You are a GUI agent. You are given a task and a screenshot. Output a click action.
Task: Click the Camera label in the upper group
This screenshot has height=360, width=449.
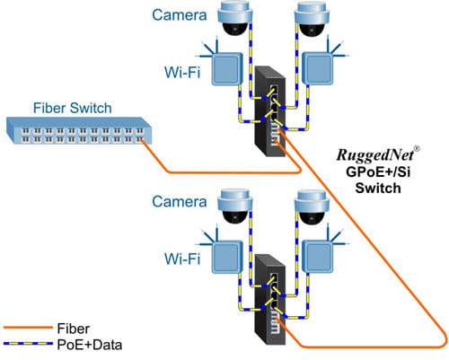click(181, 15)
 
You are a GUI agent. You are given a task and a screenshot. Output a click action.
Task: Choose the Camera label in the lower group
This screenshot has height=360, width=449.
click(180, 203)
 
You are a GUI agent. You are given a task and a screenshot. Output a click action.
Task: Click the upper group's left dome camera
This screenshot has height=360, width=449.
click(235, 21)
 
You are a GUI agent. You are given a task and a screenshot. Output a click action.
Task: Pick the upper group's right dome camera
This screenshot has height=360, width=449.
click(313, 21)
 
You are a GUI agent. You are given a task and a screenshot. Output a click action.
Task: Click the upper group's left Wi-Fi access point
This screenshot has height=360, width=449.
click(229, 66)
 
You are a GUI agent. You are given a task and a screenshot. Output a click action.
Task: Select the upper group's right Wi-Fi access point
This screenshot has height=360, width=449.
click(320, 66)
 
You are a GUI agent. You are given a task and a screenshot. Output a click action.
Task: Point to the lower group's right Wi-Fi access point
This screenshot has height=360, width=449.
click(320, 255)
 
